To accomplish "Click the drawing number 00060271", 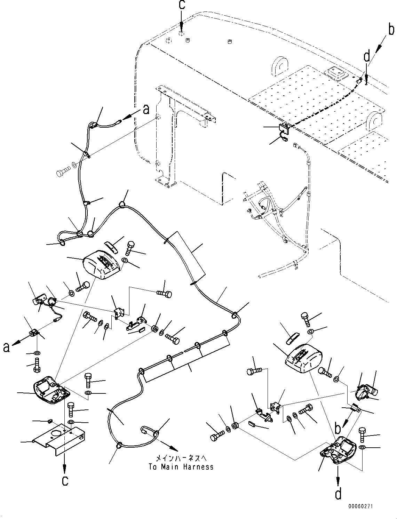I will (x=360, y=506).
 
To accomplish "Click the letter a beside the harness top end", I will (x=146, y=110).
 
